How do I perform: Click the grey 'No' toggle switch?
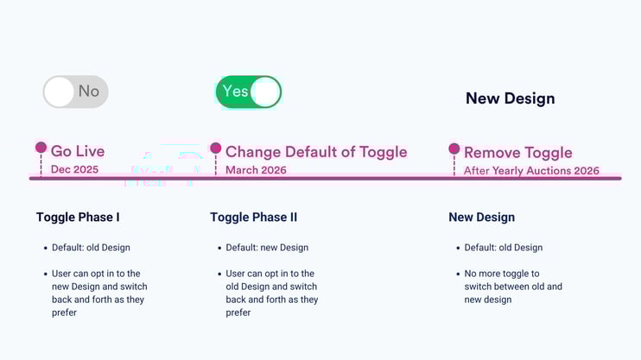tap(76, 92)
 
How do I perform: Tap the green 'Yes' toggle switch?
tap(248, 92)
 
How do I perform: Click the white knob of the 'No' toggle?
tap(59, 92)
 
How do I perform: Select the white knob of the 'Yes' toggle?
tap(266, 92)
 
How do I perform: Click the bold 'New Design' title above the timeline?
tap(510, 98)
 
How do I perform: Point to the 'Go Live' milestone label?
tap(77, 151)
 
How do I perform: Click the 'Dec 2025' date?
tap(74, 170)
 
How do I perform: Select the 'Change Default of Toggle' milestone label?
tap(315, 152)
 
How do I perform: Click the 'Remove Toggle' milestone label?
tap(517, 153)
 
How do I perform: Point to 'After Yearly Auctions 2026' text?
tap(530, 171)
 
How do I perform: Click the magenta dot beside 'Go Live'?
tap(41, 148)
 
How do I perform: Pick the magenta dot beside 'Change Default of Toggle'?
tap(215, 148)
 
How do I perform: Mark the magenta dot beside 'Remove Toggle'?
tap(454, 148)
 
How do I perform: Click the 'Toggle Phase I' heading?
tap(78, 218)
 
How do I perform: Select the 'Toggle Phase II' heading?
tap(253, 218)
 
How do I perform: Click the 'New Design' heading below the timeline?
tap(481, 218)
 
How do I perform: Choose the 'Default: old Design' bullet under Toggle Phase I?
tap(91, 248)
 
